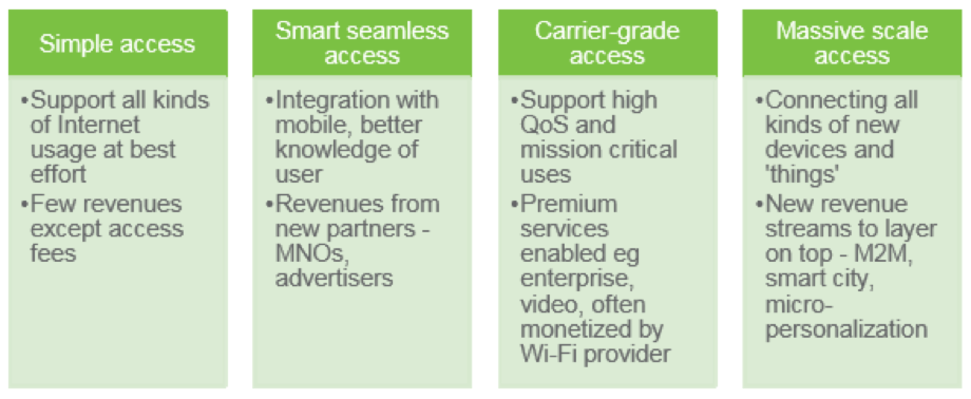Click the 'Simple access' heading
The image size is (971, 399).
coord(117,43)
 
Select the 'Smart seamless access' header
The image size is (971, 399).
coord(362,43)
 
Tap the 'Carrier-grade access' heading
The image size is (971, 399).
coord(607,43)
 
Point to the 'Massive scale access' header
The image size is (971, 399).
coord(852,43)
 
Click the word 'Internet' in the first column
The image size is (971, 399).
coord(98,125)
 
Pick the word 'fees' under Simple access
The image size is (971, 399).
coord(53,253)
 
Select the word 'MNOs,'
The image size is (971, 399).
coord(312,254)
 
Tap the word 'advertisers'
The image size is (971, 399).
coord(334,278)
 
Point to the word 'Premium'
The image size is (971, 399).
coord(569,204)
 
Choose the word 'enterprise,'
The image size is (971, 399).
coord(577,279)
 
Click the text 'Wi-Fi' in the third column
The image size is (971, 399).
coord(548,354)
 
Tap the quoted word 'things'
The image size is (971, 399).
coord(802,174)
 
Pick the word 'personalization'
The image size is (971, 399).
coord(846,329)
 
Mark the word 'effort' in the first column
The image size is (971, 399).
coord(58,174)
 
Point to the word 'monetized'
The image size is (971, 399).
coord(576,329)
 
